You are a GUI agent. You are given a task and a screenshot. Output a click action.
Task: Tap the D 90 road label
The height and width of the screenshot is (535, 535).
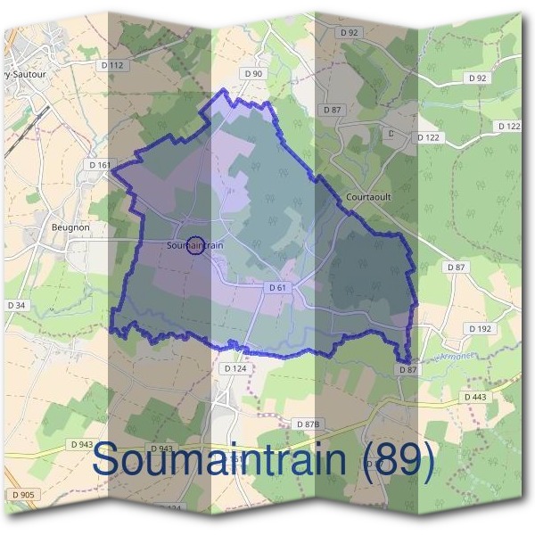pyautogui.click(x=254, y=73)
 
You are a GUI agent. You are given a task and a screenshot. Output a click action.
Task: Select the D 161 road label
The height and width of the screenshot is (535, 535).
pyautogui.click(x=99, y=165)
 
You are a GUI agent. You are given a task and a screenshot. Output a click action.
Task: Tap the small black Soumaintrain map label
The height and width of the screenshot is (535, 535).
pyautogui.click(x=194, y=244)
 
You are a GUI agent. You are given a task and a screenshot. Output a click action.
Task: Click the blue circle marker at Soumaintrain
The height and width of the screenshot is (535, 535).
pyautogui.click(x=195, y=244)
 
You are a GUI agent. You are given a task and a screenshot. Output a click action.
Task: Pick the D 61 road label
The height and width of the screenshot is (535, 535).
pyautogui.click(x=277, y=287)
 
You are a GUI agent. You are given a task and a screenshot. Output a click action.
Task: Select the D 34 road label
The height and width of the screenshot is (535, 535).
pyautogui.click(x=16, y=306)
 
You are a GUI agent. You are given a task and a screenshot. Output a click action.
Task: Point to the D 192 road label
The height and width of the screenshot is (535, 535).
pyautogui.click(x=480, y=328)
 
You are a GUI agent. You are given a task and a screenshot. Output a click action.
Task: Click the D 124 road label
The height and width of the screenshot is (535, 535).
pyautogui.click(x=235, y=367)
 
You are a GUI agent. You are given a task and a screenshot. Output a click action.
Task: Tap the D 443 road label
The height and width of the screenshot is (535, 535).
pyautogui.click(x=475, y=397)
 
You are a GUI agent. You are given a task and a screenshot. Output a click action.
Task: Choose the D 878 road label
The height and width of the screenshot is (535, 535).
pyautogui.click(x=308, y=424)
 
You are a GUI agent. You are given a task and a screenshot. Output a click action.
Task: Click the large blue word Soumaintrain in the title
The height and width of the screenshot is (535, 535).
pyautogui.click(x=223, y=459)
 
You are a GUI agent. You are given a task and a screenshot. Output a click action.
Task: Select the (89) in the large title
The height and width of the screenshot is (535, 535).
pyautogui.click(x=400, y=459)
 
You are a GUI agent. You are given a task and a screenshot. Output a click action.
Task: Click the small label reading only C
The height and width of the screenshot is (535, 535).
pyautogui.click(x=390, y=133)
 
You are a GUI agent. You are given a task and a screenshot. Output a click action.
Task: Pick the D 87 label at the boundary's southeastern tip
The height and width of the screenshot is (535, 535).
pyautogui.click(x=407, y=369)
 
